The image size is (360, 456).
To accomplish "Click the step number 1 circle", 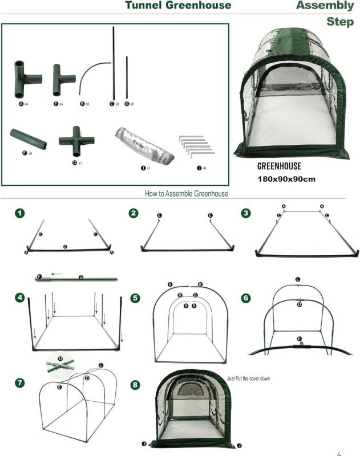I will [20, 213].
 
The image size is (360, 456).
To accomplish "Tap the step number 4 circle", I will [20, 298].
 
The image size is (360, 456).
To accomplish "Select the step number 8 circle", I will [135, 385].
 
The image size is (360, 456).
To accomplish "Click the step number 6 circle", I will [246, 298].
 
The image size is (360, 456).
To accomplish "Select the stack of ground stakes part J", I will [196, 145].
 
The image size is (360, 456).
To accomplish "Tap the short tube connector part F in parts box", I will [29, 139].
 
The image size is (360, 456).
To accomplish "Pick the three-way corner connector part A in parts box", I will [26, 80].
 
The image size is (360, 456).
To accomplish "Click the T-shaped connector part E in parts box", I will [63, 80].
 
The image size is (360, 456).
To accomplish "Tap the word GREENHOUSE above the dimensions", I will [279, 166].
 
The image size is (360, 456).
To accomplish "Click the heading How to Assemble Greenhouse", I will [187, 193].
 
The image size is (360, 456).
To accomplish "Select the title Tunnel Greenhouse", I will [178, 6].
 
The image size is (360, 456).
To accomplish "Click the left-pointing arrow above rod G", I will [56, 274].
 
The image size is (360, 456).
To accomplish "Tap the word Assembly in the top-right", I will [325, 6].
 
